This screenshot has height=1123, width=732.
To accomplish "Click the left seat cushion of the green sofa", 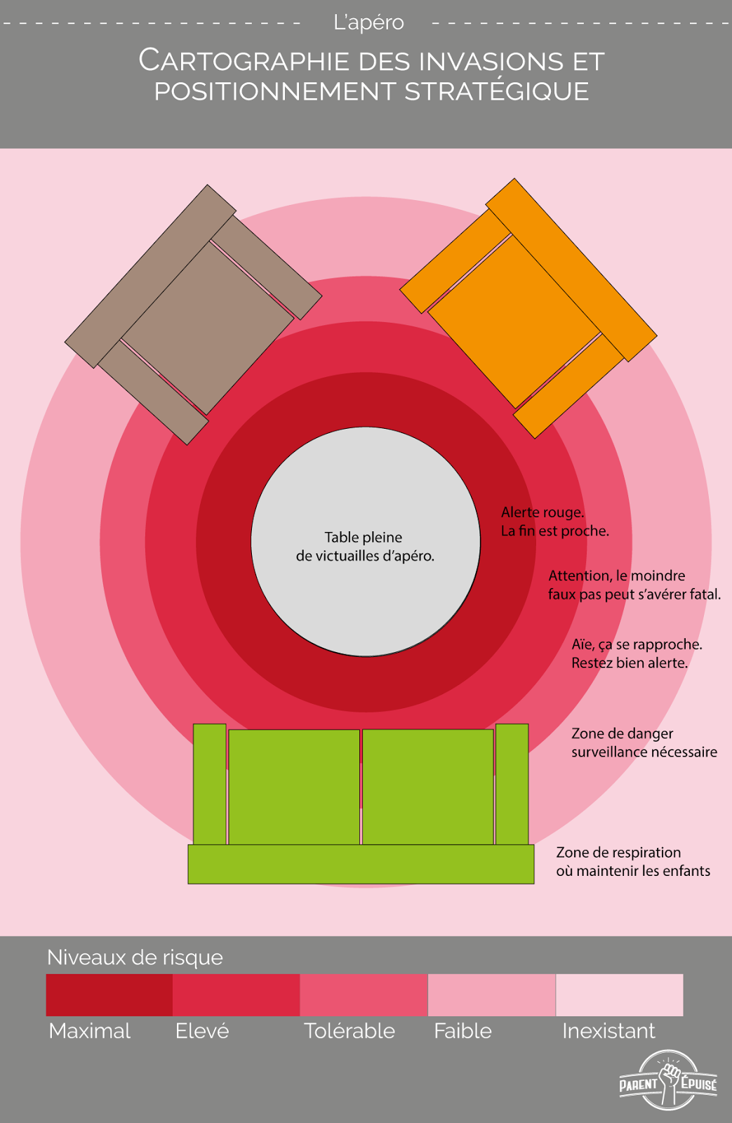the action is coord(294,787).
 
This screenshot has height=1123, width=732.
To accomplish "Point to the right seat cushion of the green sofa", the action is coord(427,787).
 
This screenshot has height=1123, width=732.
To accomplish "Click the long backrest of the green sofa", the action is coord(361,864).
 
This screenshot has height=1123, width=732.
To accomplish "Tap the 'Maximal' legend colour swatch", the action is coord(109,995).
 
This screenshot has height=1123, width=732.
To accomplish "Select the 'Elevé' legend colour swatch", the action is coord(236,995).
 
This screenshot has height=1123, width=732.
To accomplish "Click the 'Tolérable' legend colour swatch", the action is coord(364,995).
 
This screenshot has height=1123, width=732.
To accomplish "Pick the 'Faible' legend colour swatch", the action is coord(491,995).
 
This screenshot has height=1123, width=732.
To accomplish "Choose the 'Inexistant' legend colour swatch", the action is coord(619,995).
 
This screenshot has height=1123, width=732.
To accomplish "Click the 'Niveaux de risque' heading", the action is coord(135,957).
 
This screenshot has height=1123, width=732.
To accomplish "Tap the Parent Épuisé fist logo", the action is coord(668,1079).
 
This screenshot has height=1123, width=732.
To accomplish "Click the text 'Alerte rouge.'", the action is coord(543,512).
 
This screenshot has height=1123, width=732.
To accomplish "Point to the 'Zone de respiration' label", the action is coord(618,852).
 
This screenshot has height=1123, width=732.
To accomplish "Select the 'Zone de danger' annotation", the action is coord(622,733).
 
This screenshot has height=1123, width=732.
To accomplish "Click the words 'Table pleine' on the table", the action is coord(363,538).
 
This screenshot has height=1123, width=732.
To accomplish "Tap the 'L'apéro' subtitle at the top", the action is coord(368,22).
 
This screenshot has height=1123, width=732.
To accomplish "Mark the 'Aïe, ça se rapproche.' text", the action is coord(637,644).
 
